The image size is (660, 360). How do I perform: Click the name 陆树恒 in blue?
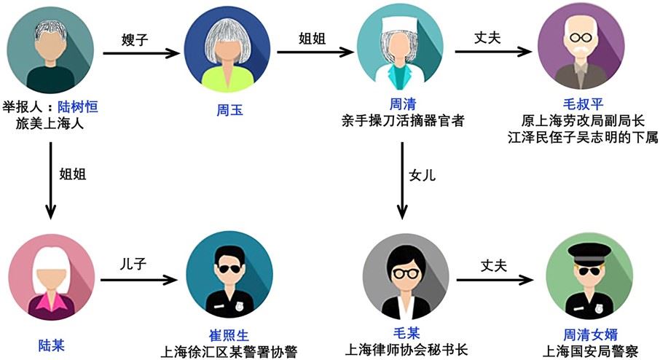pos(78,107)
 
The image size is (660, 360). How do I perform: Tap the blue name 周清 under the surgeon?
pos(403,104)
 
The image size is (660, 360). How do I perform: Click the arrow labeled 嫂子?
pos(141,52)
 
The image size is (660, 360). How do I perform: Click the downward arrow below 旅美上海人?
pos(50,179)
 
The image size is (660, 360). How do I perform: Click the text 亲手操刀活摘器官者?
pos(403,120)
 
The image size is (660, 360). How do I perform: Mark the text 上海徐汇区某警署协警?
pos(229,351)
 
